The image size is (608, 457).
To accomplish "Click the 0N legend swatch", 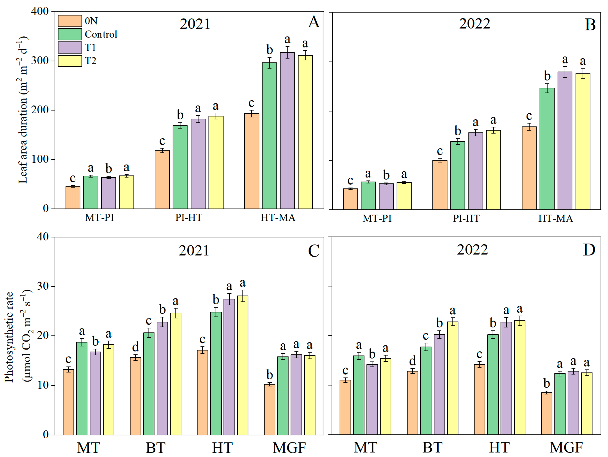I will point(70,21).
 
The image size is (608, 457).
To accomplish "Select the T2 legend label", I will point(90,61).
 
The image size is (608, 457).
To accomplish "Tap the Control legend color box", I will point(70,34).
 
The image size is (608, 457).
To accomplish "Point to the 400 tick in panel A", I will point(40,11).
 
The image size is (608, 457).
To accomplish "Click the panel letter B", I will point(590,25).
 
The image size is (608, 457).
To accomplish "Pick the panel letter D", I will point(589,250).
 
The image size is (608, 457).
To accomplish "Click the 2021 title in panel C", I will point(194,251).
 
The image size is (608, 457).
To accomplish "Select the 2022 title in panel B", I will point(475,24).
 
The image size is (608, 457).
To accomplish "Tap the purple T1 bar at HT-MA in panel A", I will point(287,131).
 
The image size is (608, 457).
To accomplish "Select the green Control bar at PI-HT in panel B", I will point(458,176).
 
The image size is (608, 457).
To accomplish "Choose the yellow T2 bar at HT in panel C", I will point(243,365).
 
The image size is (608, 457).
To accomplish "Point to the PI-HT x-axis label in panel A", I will point(189,217).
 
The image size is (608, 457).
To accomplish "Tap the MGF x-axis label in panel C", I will point(289,448).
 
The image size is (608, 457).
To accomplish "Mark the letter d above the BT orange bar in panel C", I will point(136,347).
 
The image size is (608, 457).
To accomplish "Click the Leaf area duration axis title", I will point(23,110).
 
